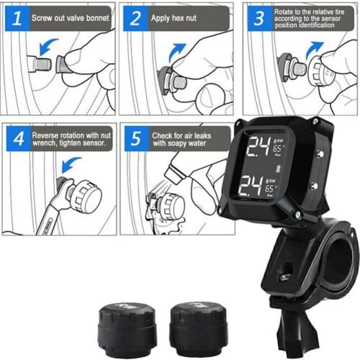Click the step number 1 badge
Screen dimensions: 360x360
(14, 16)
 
